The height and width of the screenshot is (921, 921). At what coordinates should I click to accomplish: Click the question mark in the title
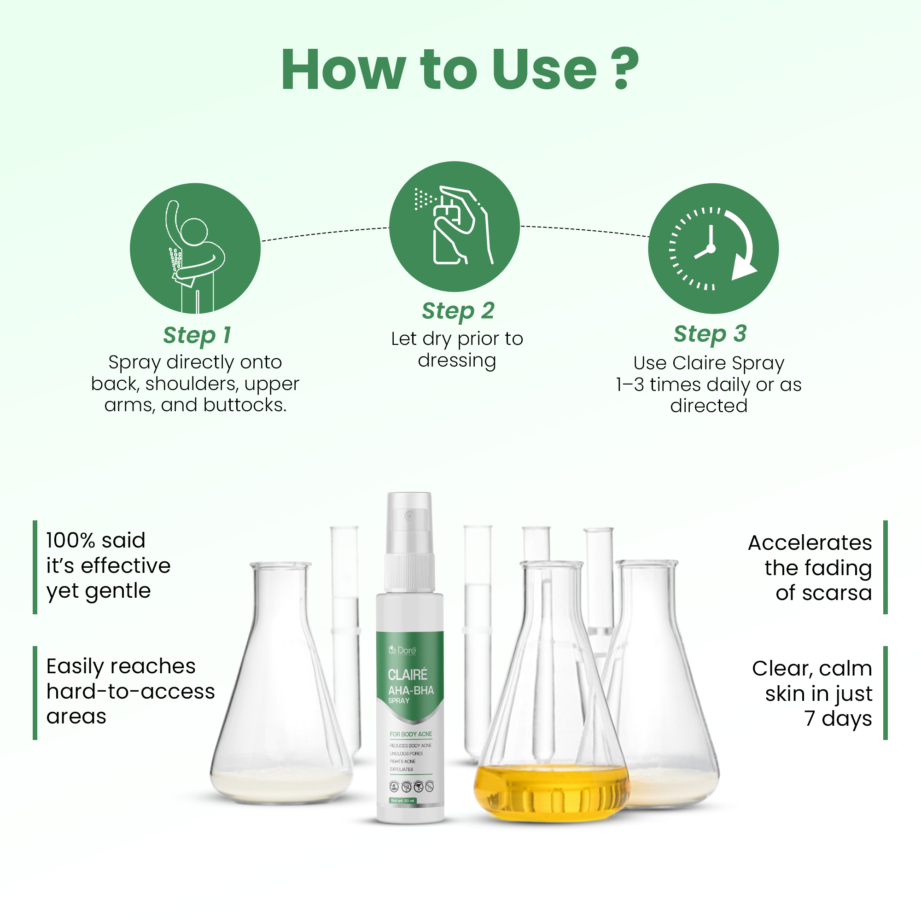pos(626,69)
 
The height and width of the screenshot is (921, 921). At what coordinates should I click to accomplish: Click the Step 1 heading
pos(197,335)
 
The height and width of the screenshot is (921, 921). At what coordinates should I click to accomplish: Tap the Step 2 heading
pos(458,311)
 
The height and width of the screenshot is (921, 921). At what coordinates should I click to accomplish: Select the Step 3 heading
pos(710,334)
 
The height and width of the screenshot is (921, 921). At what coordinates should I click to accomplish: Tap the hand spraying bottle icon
pos(455,227)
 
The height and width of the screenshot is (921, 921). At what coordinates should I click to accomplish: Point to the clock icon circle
pos(713,248)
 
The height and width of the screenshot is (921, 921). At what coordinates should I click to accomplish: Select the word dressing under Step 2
pos(457,361)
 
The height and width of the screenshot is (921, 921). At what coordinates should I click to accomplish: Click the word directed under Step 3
pos(708,406)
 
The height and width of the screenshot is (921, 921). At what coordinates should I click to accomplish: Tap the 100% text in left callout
pos(72,541)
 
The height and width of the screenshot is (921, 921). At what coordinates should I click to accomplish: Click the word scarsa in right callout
pos(823,593)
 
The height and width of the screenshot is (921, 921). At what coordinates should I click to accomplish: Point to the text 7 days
pos(838,718)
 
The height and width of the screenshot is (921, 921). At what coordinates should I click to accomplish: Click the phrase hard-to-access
pos(131,691)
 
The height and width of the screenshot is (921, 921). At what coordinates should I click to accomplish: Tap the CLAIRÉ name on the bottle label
pos(408,675)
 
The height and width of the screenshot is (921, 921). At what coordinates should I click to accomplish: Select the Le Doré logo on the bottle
pos(402,650)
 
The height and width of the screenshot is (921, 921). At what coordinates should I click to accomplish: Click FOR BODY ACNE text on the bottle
pos(410,734)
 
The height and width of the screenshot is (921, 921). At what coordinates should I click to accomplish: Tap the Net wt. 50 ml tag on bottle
pos(403,800)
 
